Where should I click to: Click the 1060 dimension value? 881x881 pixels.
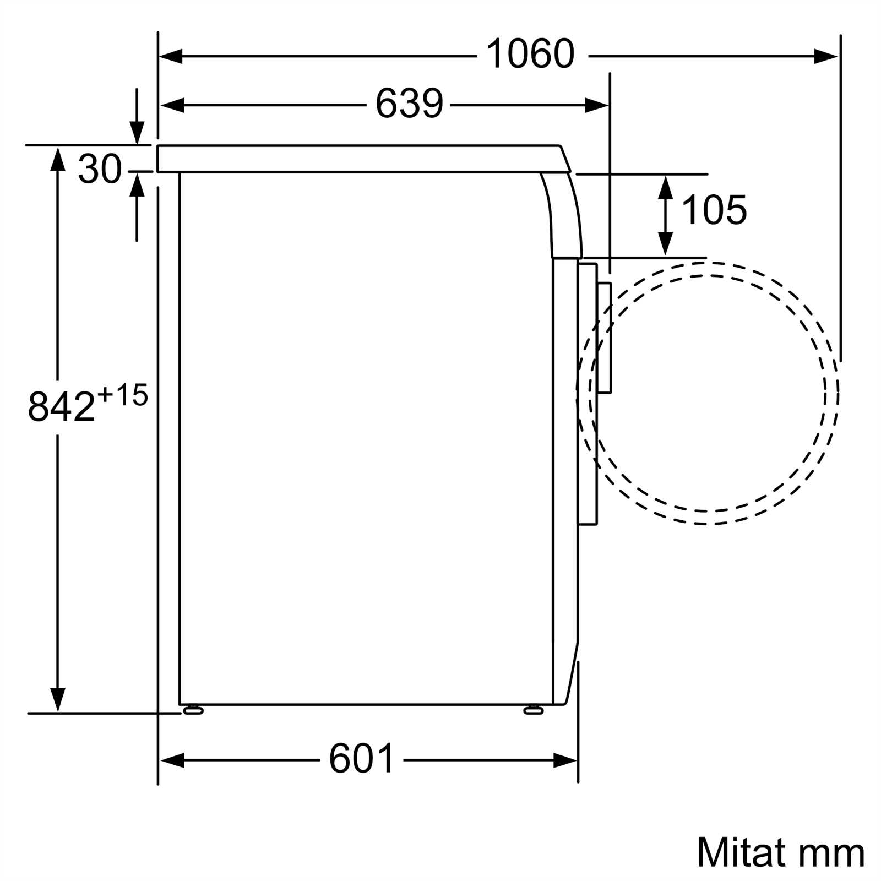[x=530, y=53]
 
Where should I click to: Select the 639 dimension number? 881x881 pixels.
[x=409, y=103]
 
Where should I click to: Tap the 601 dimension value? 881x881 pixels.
[x=362, y=758]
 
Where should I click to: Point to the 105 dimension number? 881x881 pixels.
[x=714, y=210]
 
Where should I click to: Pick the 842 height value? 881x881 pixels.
[x=62, y=406]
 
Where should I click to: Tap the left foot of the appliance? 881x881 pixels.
[x=193, y=710]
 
